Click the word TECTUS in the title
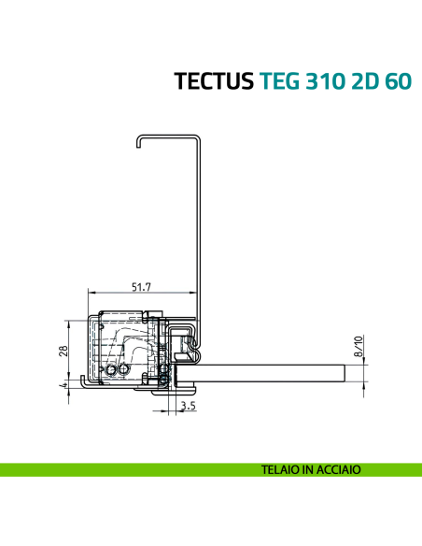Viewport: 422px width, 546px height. (x=212, y=81)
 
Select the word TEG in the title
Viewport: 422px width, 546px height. (x=276, y=81)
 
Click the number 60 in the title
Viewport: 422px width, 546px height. (x=397, y=81)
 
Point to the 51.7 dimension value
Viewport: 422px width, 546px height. (x=143, y=285)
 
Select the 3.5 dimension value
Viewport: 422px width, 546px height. (x=188, y=407)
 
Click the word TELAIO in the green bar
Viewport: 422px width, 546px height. (x=284, y=471)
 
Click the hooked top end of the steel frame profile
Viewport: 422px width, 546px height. (x=138, y=140)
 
